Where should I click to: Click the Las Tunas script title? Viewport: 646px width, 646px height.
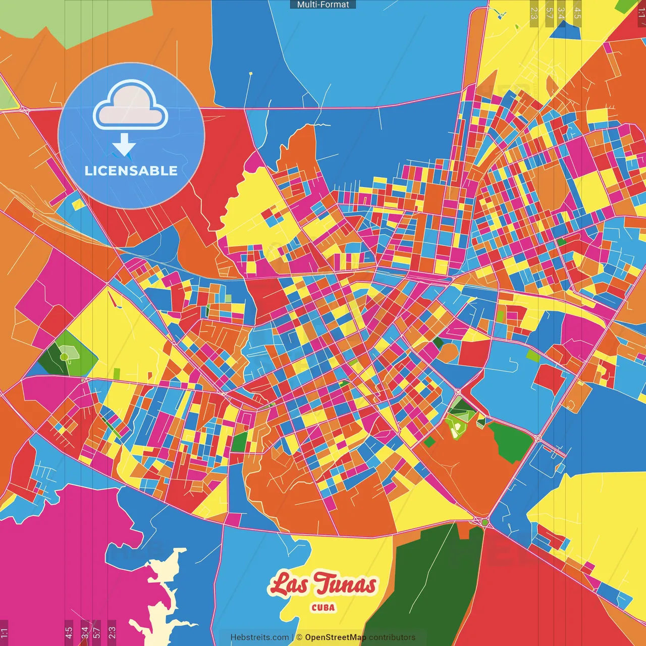point(323,584)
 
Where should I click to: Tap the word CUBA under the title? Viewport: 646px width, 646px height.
point(323,608)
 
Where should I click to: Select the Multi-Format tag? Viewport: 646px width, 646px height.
point(323,5)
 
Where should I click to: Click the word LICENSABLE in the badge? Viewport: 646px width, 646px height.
point(131,171)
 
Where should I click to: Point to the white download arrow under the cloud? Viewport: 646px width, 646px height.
point(124,145)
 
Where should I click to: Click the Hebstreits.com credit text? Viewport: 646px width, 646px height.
point(260,637)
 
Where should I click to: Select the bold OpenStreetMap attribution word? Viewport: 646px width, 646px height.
point(335,637)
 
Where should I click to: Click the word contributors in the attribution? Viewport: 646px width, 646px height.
point(392,637)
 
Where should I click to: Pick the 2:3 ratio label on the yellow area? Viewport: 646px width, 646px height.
point(534,13)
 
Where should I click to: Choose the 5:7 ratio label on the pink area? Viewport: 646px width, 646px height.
point(97,630)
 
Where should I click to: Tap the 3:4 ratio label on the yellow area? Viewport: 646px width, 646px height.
point(561,13)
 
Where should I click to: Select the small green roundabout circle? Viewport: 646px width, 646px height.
point(484,522)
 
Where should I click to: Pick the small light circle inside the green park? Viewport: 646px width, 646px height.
point(65,357)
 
